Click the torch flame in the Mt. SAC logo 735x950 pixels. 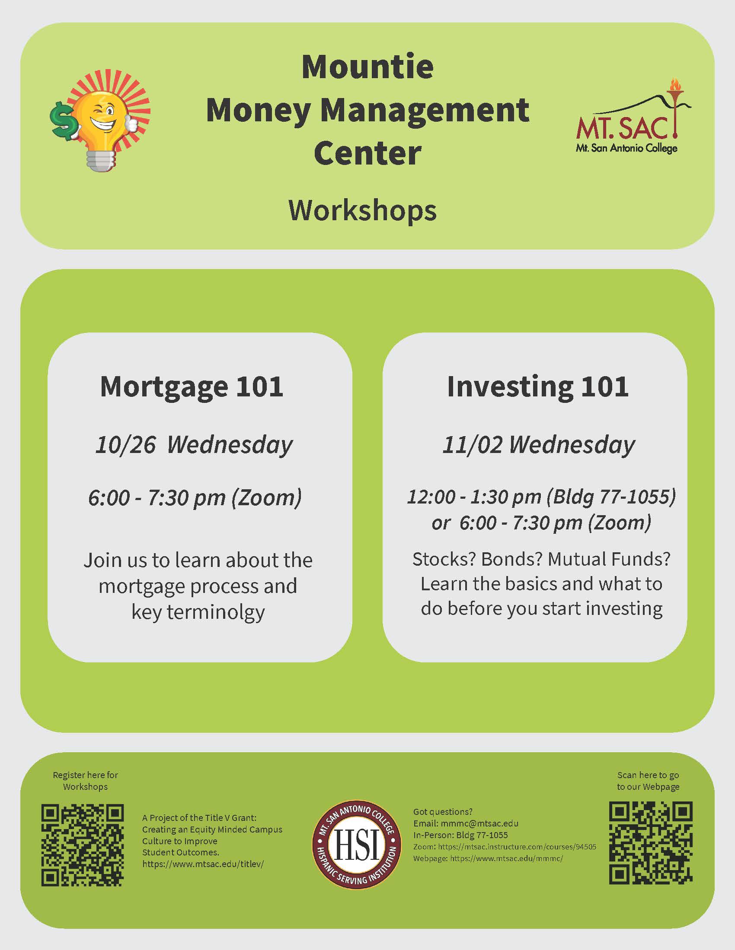click(675, 84)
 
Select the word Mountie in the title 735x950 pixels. click(367, 67)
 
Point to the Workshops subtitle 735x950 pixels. click(362, 211)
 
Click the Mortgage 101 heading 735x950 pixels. click(192, 386)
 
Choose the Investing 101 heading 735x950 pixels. click(538, 386)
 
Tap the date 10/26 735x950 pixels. click(125, 444)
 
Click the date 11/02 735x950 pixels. click(472, 444)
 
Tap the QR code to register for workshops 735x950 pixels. click(83, 845)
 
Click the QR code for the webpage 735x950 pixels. click(651, 843)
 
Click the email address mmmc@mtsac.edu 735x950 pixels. click(479, 823)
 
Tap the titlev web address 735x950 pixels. click(203, 864)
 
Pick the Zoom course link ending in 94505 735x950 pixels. click(517, 847)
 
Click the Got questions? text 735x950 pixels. click(442, 812)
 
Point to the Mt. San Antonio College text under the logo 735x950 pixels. click(626, 148)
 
